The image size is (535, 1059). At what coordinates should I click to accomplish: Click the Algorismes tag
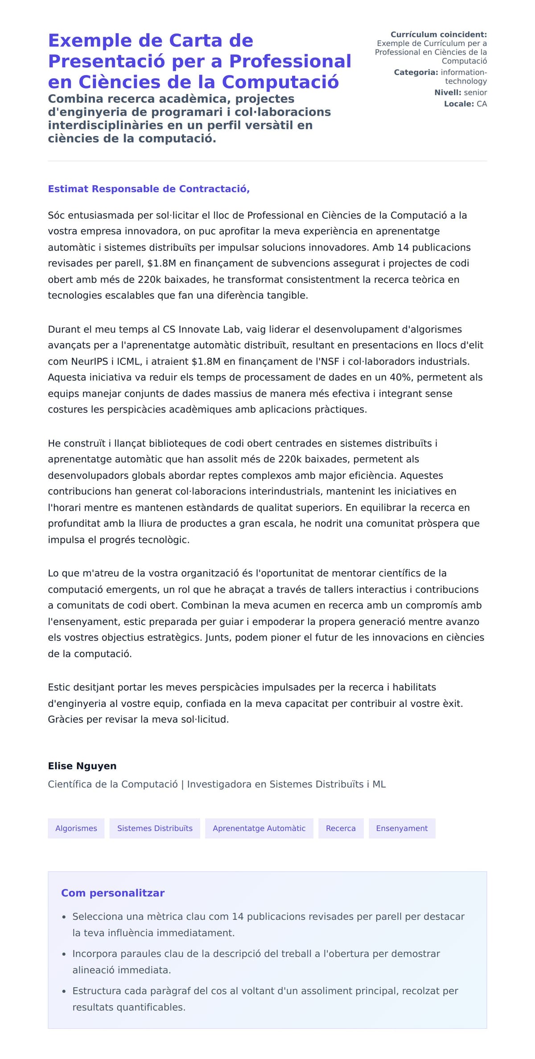click(76, 828)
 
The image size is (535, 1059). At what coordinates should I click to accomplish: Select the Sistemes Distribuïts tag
click(155, 828)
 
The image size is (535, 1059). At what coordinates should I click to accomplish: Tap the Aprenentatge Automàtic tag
click(259, 828)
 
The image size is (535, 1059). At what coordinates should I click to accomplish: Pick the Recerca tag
click(341, 828)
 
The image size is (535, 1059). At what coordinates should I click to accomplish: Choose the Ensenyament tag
click(402, 828)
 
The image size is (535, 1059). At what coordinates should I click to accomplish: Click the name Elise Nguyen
click(82, 766)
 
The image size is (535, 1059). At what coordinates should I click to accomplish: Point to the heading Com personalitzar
click(113, 893)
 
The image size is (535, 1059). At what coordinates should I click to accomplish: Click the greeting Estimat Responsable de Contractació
click(148, 189)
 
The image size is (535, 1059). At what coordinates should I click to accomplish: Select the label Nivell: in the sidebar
click(448, 92)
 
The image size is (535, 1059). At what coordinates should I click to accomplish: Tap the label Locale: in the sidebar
click(459, 104)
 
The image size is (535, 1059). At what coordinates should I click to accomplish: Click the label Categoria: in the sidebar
click(416, 72)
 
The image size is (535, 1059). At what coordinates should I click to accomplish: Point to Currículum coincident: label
click(439, 34)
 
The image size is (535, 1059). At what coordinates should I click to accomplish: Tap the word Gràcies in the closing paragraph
click(66, 719)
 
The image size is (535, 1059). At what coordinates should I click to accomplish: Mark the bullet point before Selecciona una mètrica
click(64, 918)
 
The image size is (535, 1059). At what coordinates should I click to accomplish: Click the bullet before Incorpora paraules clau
click(64, 955)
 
